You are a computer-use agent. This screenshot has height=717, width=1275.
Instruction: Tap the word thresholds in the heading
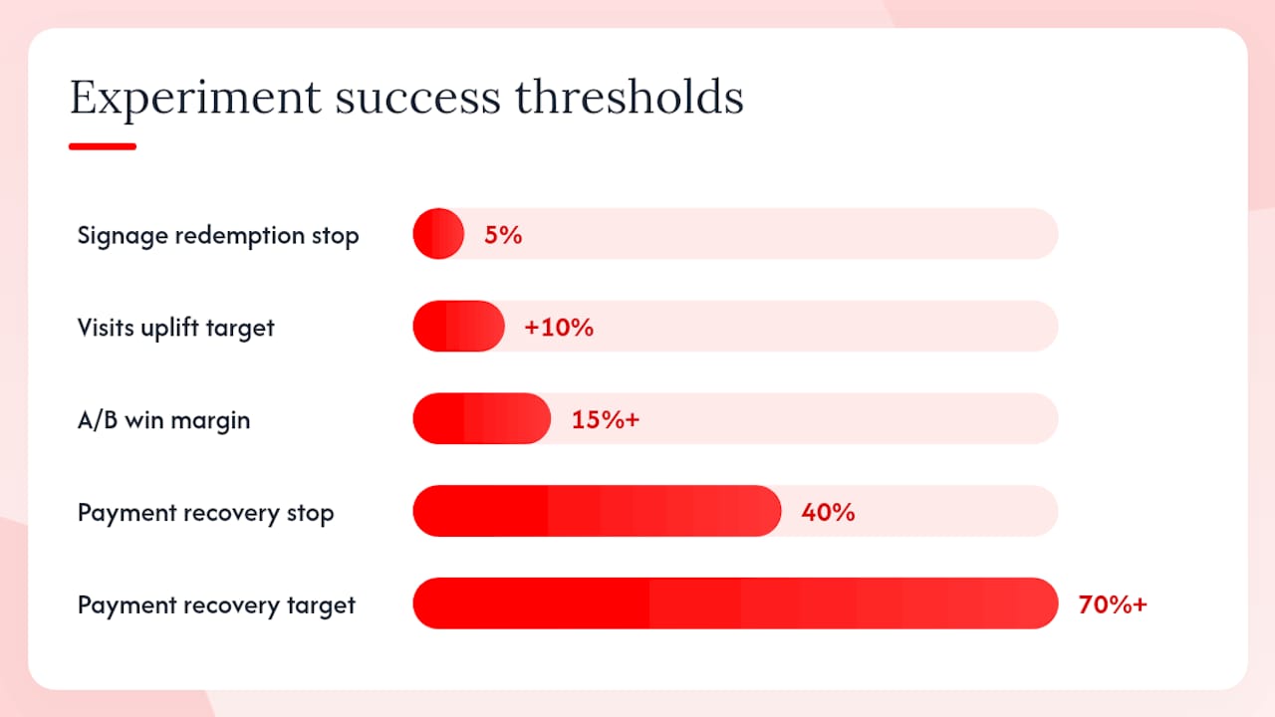pyautogui.click(x=630, y=98)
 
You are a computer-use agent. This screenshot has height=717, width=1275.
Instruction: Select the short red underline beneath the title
pyautogui.click(x=103, y=146)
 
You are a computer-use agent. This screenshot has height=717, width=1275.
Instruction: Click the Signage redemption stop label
pyautogui.click(x=218, y=236)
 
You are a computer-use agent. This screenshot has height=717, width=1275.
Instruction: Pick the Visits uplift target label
pyautogui.click(x=175, y=328)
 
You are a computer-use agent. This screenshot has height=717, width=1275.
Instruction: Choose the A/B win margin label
pyautogui.click(x=163, y=420)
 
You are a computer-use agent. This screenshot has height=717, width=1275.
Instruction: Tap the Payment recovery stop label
pyautogui.click(x=205, y=513)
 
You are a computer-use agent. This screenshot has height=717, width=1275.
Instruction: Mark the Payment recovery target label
pyautogui.click(x=216, y=604)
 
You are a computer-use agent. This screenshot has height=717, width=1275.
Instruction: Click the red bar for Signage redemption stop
pyautogui.click(x=438, y=234)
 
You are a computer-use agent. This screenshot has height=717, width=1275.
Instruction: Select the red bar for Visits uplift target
pyautogui.click(x=459, y=326)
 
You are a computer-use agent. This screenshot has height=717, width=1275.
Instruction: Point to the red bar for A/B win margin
pyautogui.click(x=481, y=418)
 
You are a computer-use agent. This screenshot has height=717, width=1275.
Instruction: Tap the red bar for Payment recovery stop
pyautogui.click(x=597, y=511)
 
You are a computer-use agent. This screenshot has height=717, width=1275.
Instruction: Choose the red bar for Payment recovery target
pyautogui.click(x=735, y=603)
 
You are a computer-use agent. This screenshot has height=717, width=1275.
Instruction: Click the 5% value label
pyautogui.click(x=503, y=235)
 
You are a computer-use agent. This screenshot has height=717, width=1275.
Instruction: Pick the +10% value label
pyautogui.click(x=559, y=328)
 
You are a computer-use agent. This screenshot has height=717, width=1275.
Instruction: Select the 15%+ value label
pyautogui.click(x=606, y=420)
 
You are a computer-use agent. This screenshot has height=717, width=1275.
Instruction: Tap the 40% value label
pyautogui.click(x=828, y=512)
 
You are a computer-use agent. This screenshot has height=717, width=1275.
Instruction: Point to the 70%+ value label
pyautogui.click(x=1113, y=604)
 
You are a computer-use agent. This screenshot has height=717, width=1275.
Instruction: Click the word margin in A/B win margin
pyautogui.click(x=210, y=422)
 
